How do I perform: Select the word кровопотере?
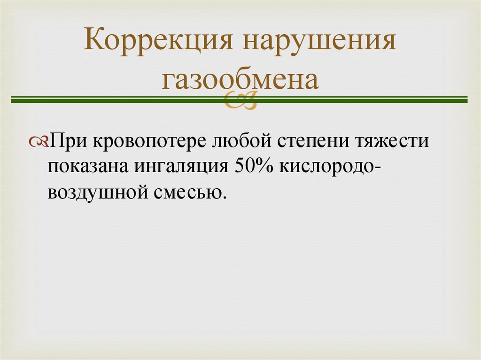[x=149, y=141]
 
